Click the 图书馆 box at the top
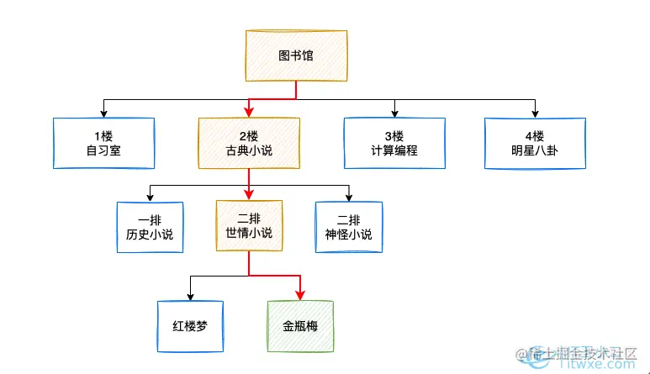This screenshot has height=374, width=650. point(296,56)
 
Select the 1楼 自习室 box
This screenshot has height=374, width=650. point(103,143)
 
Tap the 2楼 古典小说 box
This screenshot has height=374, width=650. point(249,143)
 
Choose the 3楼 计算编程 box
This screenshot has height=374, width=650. point(394,143)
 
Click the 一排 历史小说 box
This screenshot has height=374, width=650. point(149,227)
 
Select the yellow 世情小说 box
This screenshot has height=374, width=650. point(249,226)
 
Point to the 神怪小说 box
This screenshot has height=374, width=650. point(348,227)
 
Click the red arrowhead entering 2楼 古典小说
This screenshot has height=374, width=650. point(249,113)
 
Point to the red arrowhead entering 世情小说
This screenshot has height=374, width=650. point(249,196)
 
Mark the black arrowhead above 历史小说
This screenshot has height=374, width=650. point(149,197)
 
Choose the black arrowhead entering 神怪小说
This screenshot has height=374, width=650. point(348,197)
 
